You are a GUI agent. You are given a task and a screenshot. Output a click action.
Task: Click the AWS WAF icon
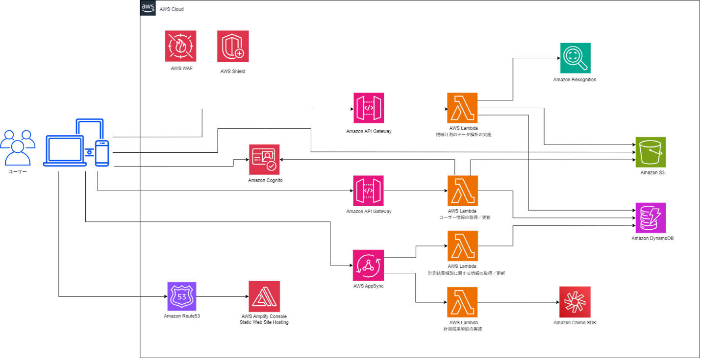pos(180,46)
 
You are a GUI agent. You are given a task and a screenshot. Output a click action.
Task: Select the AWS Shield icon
pos(233,47)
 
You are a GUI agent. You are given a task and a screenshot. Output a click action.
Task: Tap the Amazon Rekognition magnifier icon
pos(575,58)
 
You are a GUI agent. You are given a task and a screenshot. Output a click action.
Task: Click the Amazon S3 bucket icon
pos(651,152)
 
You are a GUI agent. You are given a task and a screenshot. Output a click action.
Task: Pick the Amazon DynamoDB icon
pos(651,217)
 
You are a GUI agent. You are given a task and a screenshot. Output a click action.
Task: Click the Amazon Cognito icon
pos(264,160)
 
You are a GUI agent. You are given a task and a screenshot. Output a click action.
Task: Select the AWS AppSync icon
pos(368,265)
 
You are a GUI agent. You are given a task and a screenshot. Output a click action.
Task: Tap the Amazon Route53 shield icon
pos(181,296)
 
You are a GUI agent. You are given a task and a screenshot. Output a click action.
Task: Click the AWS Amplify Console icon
pos(264,296)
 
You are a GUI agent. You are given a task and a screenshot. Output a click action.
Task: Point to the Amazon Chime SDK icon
pos(575,302)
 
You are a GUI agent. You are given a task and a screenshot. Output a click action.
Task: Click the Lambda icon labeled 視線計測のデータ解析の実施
pos(463,108)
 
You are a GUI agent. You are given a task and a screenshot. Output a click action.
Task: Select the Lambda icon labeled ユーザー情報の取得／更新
pos(463,191)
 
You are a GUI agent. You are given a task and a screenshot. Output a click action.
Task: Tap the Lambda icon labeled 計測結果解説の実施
pos(463,302)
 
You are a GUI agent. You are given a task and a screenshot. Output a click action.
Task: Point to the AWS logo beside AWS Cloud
pos(148,8)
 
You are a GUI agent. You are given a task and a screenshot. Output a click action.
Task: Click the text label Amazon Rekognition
pos(575,79)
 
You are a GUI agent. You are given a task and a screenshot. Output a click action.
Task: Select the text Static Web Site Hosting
pos(264,322)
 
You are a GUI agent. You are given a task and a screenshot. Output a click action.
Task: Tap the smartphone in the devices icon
pos(101,153)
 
